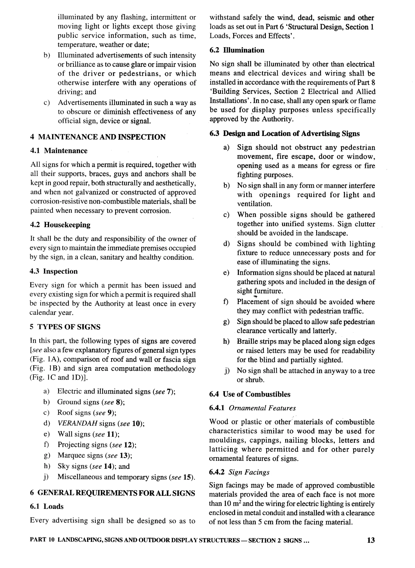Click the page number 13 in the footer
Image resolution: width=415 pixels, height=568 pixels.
(x=371, y=540)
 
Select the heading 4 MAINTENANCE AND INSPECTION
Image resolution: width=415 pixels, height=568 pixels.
(x=98, y=137)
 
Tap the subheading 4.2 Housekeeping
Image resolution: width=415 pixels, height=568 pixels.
(x=60, y=225)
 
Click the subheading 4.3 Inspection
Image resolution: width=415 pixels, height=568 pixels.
(x=53, y=271)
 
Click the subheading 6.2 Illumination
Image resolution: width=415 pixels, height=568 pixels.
(x=237, y=50)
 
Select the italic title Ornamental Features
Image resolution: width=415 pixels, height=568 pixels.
(x=262, y=408)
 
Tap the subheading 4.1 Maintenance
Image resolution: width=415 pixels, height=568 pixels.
(x=59, y=151)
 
